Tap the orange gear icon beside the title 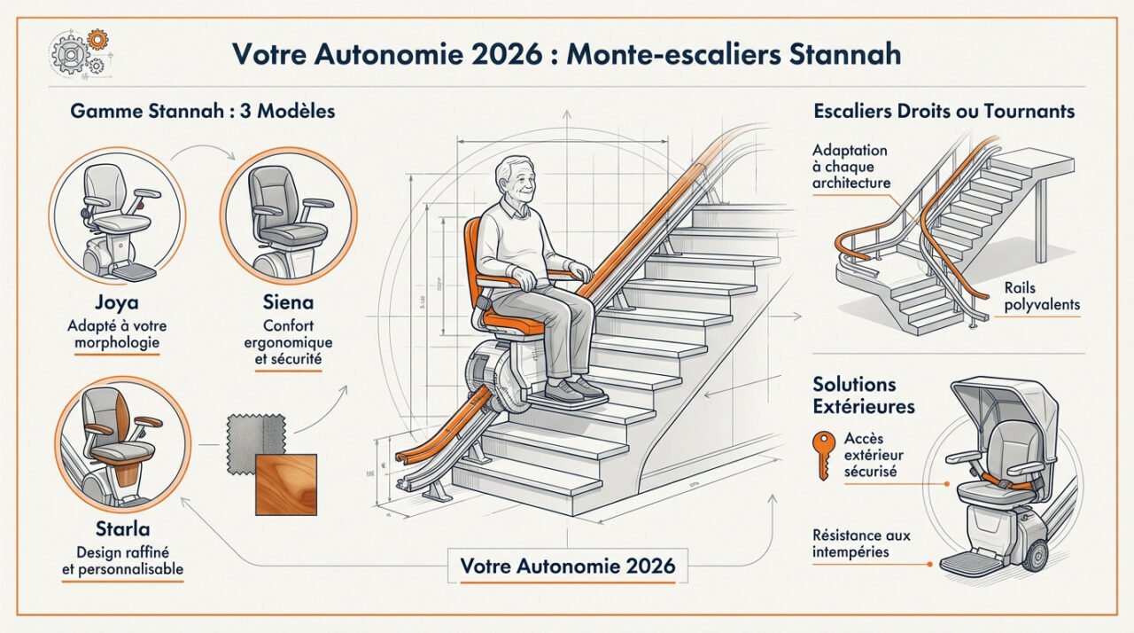coord(97,39)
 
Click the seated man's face coord(517,181)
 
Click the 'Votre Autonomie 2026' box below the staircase coord(568,566)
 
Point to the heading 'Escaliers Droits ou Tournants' coord(944,112)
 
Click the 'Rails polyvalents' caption coord(1043,296)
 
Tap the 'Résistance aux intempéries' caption coord(861,543)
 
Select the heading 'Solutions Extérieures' coord(864,395)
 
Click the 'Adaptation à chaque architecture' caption coord(850,167)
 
